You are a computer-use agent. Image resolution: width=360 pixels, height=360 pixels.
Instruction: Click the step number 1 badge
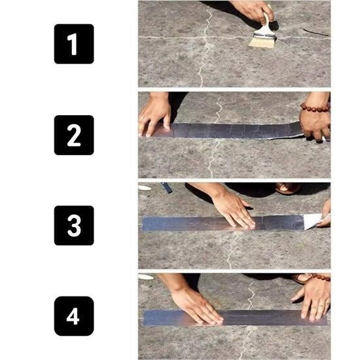click(74, 44)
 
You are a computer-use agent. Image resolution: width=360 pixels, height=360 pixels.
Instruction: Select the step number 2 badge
click(74, 135)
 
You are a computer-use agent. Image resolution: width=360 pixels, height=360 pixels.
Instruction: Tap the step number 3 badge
click(74, 225)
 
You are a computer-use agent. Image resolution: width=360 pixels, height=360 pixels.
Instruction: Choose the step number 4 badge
click(74, 315)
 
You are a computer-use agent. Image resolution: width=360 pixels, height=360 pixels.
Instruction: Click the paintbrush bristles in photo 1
click(261, 41)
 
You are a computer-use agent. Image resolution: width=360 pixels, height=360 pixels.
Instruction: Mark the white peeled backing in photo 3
click(312, 221)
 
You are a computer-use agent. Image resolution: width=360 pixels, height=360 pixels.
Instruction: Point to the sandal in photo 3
click(288, 189)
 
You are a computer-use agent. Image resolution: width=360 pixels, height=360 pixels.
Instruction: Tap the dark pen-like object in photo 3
click(167, 188)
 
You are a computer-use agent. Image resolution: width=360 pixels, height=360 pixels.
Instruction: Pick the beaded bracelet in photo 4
click(316, 278)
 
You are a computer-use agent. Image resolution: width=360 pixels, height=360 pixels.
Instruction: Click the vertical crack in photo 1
click(205, 52)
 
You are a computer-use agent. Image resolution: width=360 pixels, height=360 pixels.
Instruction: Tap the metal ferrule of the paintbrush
click(267, 27)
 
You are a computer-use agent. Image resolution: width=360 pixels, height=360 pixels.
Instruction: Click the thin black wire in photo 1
click(315, 32)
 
